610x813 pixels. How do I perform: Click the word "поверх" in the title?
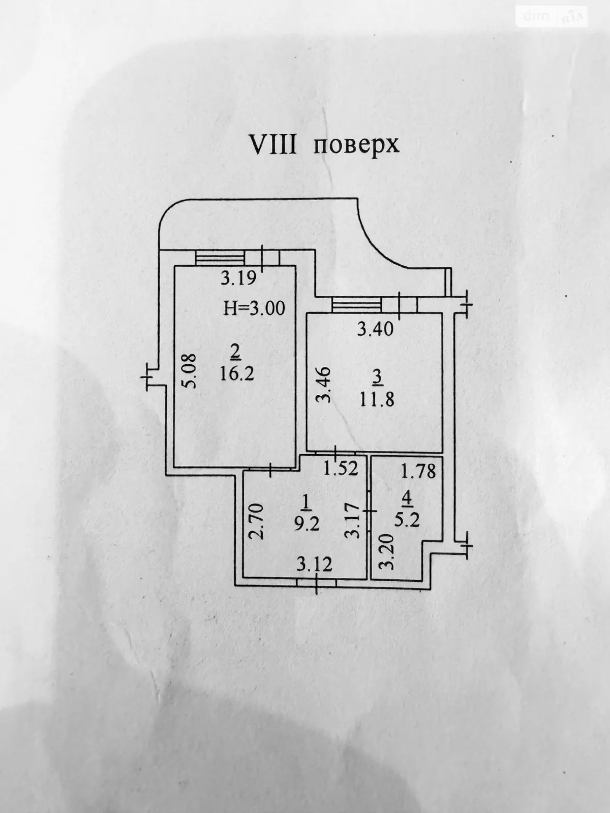(355, 145)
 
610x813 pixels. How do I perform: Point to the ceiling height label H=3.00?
(254, 308)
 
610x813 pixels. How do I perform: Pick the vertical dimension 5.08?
(190, 373)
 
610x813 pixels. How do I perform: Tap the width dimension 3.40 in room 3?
(375, 330)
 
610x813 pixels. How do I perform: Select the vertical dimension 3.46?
(323, 385)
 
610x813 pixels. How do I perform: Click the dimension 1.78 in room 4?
(418, 472)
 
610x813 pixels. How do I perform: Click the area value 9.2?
(307, 523)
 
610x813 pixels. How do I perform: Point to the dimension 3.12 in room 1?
(315, 564)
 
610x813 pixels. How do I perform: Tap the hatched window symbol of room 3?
(356, 305)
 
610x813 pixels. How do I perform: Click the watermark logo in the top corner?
(552, 17)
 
